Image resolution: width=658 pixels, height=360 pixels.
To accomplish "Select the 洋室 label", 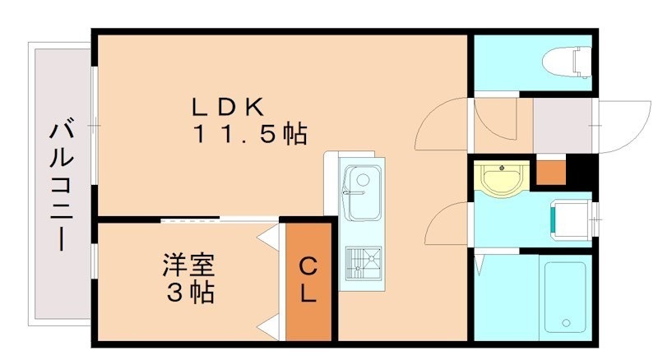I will (x=187, y=266).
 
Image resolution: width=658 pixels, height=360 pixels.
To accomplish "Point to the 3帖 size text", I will (x=187, y=292).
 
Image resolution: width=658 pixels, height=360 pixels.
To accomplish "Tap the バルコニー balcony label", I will (x=60, y=186).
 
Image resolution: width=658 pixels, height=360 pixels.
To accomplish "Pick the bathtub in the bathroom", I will (x=564, y=296).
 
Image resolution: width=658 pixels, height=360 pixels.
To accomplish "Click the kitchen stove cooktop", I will (x=361, y=265).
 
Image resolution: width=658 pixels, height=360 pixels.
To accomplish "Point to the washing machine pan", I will (x=570, y=218).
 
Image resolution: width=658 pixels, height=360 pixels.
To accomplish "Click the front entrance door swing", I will (x=621, y=126).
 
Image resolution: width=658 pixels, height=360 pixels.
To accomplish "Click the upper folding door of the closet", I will (x=269, y=238).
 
